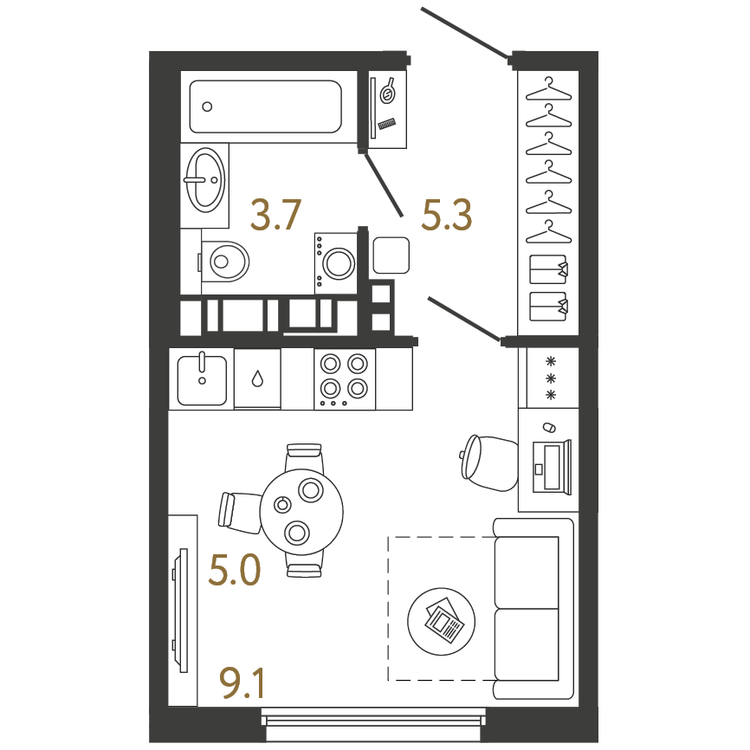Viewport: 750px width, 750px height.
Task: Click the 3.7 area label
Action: (275, 215)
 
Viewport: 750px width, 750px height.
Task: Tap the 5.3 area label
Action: (446, 215)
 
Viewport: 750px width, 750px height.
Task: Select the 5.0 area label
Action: (235, 570)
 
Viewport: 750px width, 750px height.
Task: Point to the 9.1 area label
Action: (242, 683)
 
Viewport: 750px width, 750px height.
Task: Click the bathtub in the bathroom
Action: (266, 107)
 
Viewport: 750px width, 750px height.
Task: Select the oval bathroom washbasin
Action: (205, 180)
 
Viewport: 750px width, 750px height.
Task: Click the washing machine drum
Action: (339, 263)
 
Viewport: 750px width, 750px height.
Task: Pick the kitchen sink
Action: (202, 380)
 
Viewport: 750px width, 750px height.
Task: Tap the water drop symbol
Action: (257, 378)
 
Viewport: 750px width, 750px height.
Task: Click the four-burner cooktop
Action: (345, 378)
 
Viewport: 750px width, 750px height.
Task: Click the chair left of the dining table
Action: (239, 512)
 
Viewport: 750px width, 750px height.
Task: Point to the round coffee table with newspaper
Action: (441, 622)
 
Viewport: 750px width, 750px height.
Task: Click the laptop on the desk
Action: (552, 467)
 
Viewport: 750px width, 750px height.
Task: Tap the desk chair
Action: (488, 463)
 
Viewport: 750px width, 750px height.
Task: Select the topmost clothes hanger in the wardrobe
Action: (548, 89)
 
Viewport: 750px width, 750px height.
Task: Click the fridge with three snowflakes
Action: (552, 378)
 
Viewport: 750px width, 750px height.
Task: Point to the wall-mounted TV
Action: (180, 611)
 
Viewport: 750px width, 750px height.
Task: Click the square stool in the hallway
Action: (391, 255)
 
